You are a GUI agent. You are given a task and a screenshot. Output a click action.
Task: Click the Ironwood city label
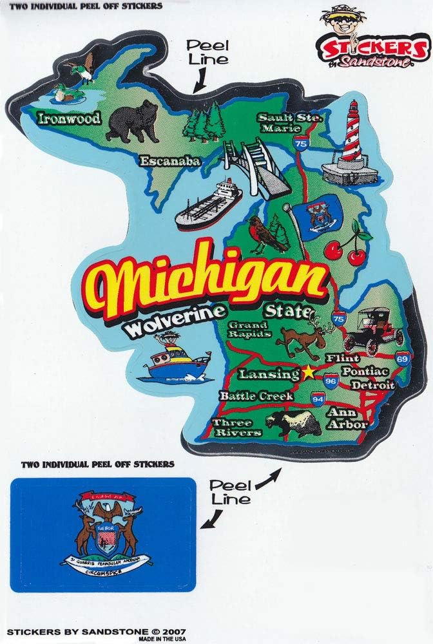pos(69,118)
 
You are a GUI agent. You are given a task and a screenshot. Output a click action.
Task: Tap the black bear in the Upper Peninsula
pos(133,120)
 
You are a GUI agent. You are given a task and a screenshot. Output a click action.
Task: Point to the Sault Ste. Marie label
pos(289,122)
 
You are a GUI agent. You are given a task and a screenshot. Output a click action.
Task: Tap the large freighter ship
pos(207,204)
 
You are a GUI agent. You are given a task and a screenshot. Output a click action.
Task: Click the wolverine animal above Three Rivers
pos(294,423)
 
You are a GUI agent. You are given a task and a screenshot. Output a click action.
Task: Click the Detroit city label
pos(372,385)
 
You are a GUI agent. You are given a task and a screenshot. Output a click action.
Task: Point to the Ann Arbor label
pos(347,419)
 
